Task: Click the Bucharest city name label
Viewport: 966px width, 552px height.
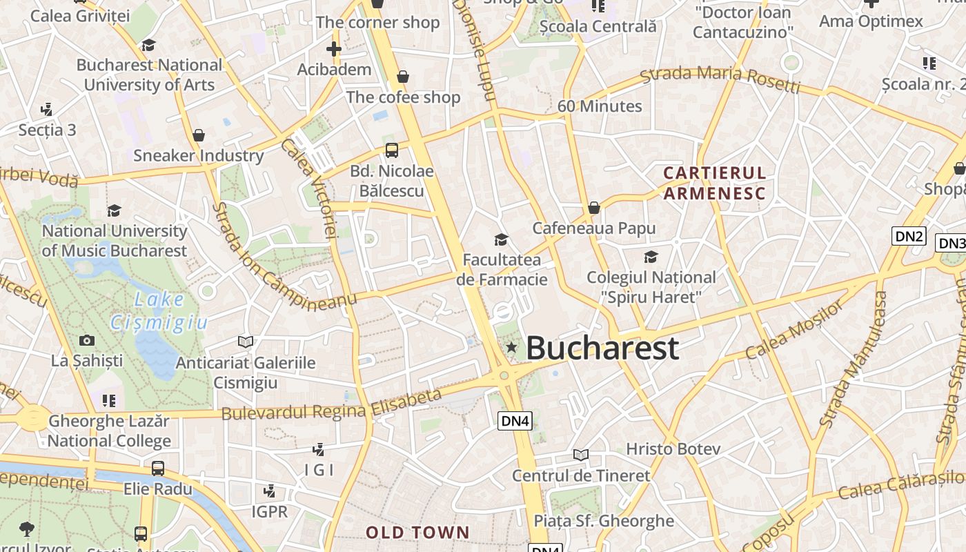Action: click(x=602, y=348)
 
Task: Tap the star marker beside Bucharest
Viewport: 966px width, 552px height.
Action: click(x=511, y=347)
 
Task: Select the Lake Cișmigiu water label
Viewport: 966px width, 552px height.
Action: click(x=159, y=310)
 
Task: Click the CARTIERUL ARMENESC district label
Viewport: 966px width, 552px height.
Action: click(x=715, y=183)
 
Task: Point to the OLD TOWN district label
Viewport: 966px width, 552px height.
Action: click(x=417, y=533)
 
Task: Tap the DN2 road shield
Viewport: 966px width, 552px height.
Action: click(x=909, y=237)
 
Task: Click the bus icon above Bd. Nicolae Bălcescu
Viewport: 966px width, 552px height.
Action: click(x=392, y=150)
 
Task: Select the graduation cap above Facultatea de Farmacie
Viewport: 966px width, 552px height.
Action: click(x=502, y=239)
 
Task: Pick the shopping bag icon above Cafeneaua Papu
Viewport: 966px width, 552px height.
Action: click(x=594, y=208)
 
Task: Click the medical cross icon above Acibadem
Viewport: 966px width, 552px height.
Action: click(x=334, y=49)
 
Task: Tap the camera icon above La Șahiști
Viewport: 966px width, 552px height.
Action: click(x=87, y=340)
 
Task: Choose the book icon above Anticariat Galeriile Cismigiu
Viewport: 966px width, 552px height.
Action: click(x=245, y=342)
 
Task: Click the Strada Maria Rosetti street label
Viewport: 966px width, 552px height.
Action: click(x=720, y=78)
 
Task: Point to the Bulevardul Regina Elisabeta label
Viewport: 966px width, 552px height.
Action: click(x=331, y=404)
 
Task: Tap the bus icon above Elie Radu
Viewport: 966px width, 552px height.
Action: click(x=158, y=469)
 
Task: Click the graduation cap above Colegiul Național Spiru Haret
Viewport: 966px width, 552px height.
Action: click(x=651, y=257)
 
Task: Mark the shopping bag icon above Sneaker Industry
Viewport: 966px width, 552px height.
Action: click(x=199, y=135)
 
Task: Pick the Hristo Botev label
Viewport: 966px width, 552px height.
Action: click(x=673, y=449)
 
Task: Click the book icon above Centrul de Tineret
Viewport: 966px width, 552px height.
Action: click(x=581, y=455)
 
